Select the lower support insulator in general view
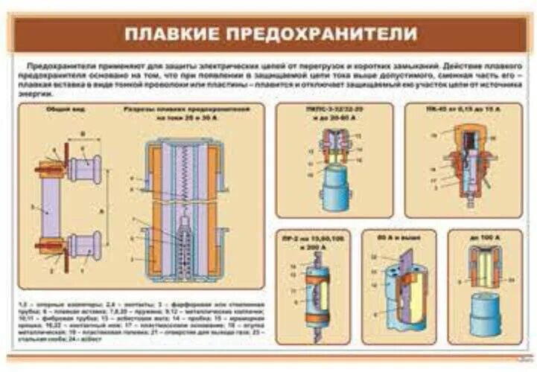tap(84, 245)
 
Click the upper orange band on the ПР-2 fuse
tap(317, 280)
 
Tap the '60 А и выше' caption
tap(403, 238)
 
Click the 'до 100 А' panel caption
tap(484, 238)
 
